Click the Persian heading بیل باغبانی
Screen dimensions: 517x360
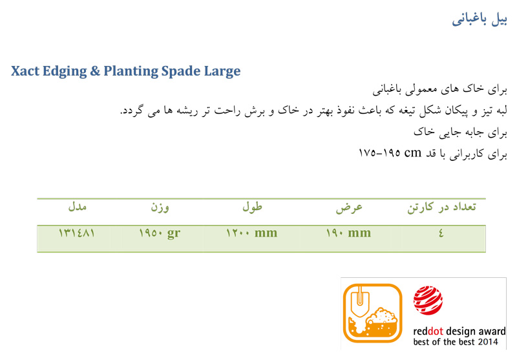tap(479, 19)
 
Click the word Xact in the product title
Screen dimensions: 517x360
tap(25, 71)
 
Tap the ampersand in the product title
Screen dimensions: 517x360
tap(95, 71)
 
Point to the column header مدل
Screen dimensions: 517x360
tap(77, 207)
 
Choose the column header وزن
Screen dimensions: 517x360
tap(160, 207)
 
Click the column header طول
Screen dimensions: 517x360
tap(252, 207)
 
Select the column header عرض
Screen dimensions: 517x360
tap(349, 207)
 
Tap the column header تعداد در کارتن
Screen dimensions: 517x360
tap(441, 207)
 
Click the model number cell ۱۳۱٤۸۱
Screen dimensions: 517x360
tap(77, 233)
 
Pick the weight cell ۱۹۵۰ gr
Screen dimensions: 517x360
tap(160, 234)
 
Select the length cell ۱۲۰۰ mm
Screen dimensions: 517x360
tap(251, 233)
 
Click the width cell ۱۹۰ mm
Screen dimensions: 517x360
tap(348, 233)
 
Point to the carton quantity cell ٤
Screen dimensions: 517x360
tap(441, 233)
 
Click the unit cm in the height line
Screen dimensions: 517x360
tap(413, 153)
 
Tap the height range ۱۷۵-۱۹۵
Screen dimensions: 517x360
tap(379, 153)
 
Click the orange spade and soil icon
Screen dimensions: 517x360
tap(373, 313)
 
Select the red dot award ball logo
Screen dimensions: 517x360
tap(428, 301)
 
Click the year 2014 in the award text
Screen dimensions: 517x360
tap(488, 342)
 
